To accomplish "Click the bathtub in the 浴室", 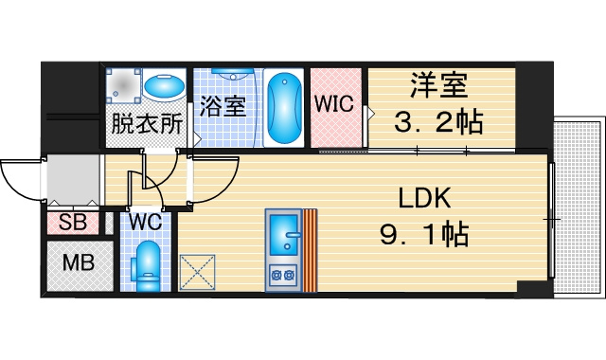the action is point(284,108).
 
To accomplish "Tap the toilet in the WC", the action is point(147,266).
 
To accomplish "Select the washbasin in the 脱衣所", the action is point(164,86).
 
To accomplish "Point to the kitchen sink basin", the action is point(284,231).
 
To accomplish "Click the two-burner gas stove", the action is point(283,276).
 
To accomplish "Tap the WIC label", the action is point(334,103).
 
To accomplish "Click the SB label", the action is point(73,223).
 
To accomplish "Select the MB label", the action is point(79,262).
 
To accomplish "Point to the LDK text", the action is point(424,198).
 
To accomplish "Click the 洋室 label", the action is point(438,85).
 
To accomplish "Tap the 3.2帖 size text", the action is point(438,122).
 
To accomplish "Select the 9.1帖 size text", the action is point(424,235).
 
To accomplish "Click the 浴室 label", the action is point(223,106).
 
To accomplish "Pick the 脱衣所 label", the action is point(147,124).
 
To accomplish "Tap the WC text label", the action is point(145,222).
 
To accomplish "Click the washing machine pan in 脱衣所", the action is point(124,86).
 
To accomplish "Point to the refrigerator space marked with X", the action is point(197,272).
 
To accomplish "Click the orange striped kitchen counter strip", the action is point(310,250).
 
